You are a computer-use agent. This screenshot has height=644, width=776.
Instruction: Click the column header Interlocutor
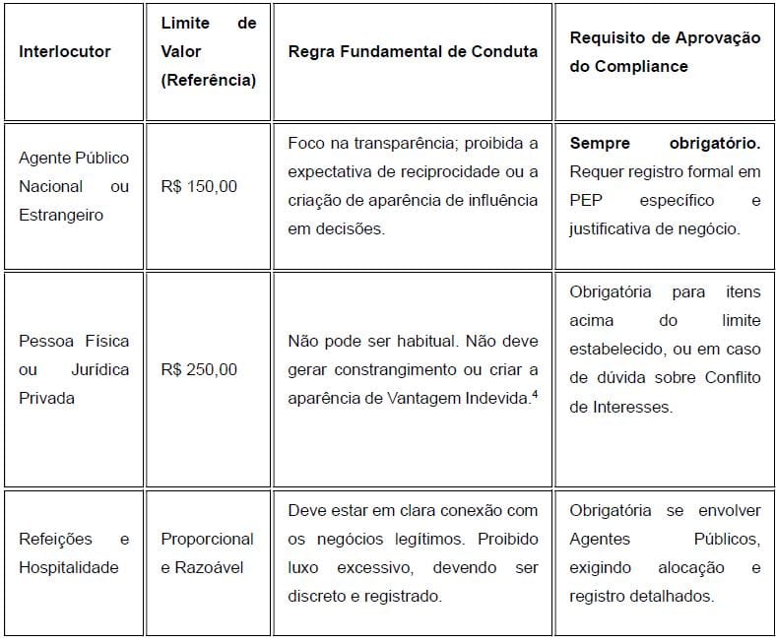pyautogui.click(x=65, y=51)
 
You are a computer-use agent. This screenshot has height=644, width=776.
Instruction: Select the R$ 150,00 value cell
pyautogui.click(x=199, y=186)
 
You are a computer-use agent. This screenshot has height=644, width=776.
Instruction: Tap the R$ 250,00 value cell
pyautogui.click(x=199, y=369)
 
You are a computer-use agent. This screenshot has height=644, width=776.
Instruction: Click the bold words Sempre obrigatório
pyautogui.click(x=665, y=144)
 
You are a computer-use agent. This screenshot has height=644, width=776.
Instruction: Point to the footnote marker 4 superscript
pyautogui.click(x=532, y=394)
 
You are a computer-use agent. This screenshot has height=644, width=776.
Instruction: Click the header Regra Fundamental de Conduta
pyautogui.click(x=413, y=51)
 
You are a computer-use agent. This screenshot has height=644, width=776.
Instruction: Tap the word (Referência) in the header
pyautogui.click(x=208, y=80)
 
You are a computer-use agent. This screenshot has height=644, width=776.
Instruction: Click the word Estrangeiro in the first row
pyautogui.click(x=61, y=215)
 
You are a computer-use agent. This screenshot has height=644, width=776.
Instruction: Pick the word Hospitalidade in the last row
pyautogui.click(x=69, y=566)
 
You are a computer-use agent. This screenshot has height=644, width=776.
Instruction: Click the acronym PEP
pyautogui.click(x=586, y=200)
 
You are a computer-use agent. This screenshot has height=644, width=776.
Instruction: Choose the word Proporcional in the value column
pyautogui.click(x=208, y=539)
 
